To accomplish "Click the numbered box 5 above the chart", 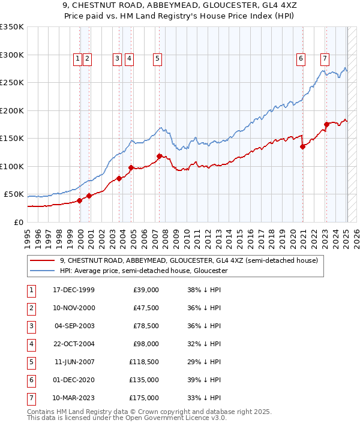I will pyautogui.click(x=157, y=59).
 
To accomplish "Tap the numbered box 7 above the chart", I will pyautogui.click(x=325, y=59).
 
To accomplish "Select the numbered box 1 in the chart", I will pyautogui.click(x=77, y=59).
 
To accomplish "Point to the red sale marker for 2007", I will pyautogui.click(x=159, y=156).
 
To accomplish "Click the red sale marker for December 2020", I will pyautogui.click(x=302, y=146).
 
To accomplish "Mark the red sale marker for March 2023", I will pyautogui.click(x=327, y=124).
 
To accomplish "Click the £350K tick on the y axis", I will pyautogui.click(x=12, y=27).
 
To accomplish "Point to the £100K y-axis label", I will pyautogui.click(x=12, y=166).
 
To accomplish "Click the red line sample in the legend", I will pyautogui.click(x=43, y=261).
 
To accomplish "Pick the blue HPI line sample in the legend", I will pyautogui.click(x=43, y=271).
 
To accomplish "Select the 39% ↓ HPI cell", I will pyautogui.click(x=204, y=380).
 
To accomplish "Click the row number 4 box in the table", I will pyautogui.click(x=31, y=344).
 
